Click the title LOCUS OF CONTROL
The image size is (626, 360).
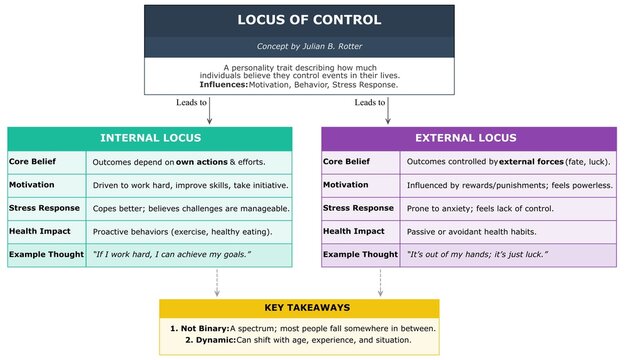pos(309,20)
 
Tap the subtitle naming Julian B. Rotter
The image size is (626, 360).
pos(309,46)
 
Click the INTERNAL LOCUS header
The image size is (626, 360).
pos(150,138)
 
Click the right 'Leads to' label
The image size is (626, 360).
pos(370,102)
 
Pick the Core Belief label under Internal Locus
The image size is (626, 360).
pos(32,161)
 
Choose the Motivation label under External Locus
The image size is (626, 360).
pos(347,185)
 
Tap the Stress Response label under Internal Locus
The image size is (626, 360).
pos(45,208)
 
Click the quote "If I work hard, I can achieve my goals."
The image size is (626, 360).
pos(171,255)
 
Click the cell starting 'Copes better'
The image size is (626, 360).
pos(190,208)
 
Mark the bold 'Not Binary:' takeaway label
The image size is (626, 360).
pos(202,328)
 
